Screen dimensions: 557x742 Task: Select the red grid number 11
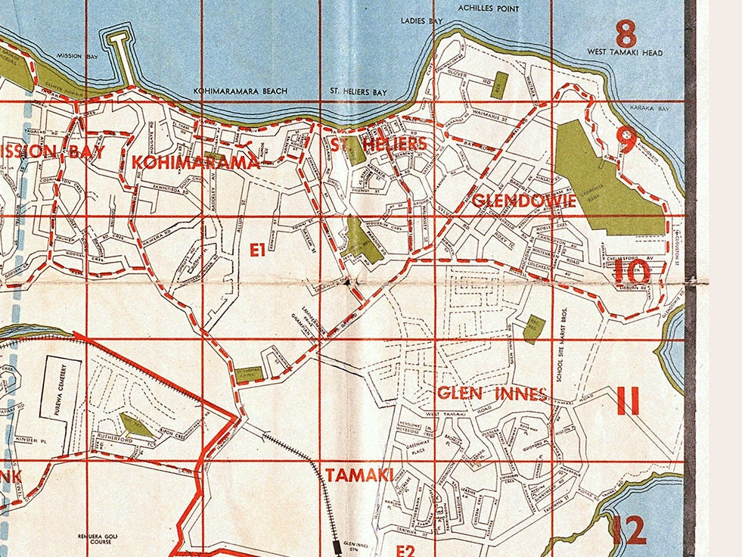point(628,400)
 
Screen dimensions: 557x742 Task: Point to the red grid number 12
point(628,531)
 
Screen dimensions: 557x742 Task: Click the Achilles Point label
point(489,8)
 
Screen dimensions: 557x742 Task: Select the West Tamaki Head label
point(625,52)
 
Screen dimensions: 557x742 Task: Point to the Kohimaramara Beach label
point(241,92)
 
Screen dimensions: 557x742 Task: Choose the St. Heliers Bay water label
point(359,92)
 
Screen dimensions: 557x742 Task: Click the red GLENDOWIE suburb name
point(524,201)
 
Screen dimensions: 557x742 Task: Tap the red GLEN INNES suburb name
point(492,394)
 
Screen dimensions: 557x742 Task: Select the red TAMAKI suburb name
point(359,475)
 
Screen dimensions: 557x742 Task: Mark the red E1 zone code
point(257,249)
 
